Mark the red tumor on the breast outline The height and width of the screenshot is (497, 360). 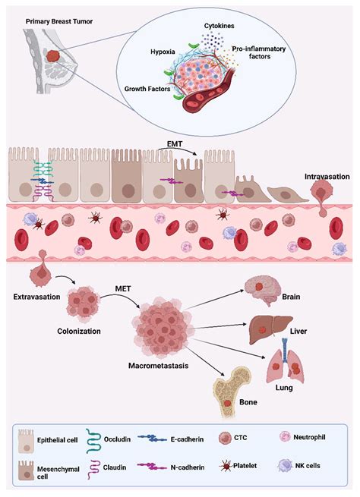[52, 57]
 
